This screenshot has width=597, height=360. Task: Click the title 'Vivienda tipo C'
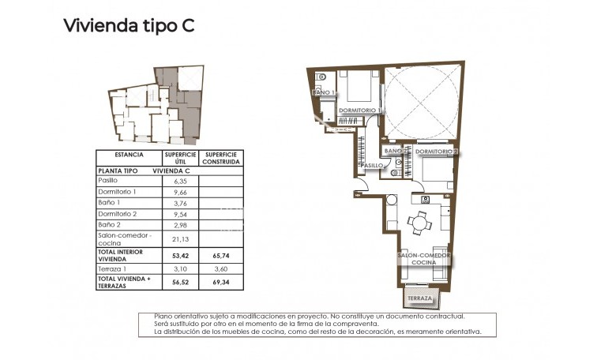[x=129, y=25]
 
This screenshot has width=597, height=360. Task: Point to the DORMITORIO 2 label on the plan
[x=436, y=151]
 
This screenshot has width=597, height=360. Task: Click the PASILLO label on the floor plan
[x=373, y=166]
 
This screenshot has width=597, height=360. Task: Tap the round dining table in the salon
[x=418, y=223]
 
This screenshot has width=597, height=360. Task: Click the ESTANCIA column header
[x=128, y=155]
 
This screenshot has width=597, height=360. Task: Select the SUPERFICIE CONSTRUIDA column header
[x=220, y=158]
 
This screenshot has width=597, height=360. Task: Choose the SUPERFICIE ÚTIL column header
[x=179, y=158]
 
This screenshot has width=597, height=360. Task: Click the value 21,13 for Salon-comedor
[x=179, y=238]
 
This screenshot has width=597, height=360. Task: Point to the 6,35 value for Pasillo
[x=179, y=180]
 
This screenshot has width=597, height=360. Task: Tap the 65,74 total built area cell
[x=220, y=256]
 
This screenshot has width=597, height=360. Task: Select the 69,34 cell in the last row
[x=220, y=282]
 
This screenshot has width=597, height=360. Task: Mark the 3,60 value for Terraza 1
[x=220, y=269]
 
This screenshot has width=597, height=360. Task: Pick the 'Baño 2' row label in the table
[x=109, y=224]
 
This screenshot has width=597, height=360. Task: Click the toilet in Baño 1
[x=323, y=80]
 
